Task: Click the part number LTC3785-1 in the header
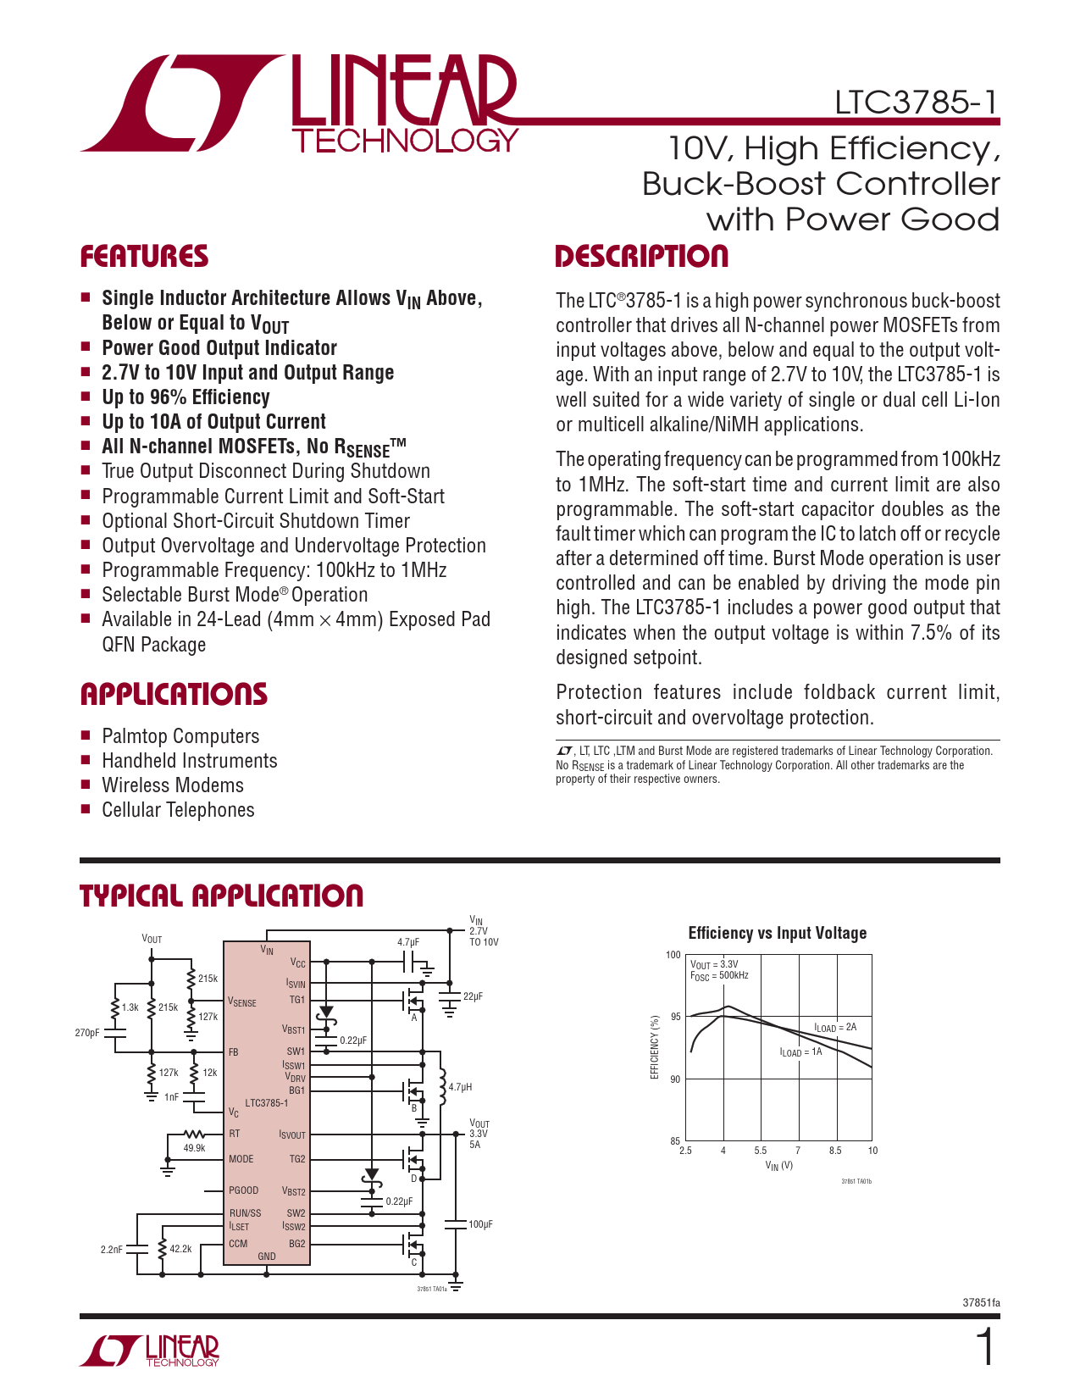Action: pos(917,103)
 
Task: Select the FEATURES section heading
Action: pos(144,257)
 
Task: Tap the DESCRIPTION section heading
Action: pos(641,257)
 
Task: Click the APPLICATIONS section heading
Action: pos(174,695)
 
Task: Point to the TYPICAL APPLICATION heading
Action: pos(221,896)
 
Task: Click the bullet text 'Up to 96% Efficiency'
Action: pos(186,397)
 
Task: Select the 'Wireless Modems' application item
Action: pos(173,785)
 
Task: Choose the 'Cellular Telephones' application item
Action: pos(178,810)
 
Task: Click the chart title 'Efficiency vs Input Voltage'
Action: pos(777,933)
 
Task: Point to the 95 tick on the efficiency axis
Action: pos(675,1017)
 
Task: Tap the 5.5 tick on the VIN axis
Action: pos(760,1151)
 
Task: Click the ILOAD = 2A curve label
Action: pos(835,1028)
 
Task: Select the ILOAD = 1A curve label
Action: pos(800,1052)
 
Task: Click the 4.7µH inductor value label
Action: pos(460,1086)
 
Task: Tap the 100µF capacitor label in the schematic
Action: pos(480,1224)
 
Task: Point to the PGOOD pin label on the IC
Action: pos(244,1190)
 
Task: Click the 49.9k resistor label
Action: pos(195,1148)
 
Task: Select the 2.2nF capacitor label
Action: pos(112,1250)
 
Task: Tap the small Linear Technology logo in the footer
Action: pos(150,1351)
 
